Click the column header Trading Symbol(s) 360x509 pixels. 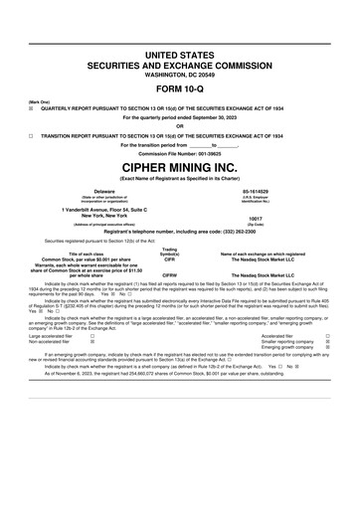[x=169, y=252]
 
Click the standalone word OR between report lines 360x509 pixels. [x=180, y=126]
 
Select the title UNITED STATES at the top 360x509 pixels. [x=180, y=50]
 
